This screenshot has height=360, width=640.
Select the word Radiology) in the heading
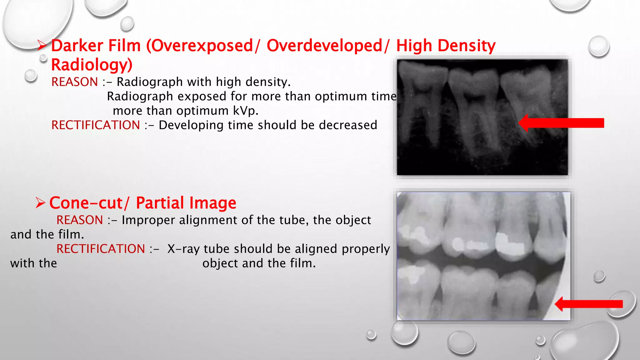click(x=92, y=65)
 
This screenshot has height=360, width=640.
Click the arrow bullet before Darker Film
click(x=42, y=46)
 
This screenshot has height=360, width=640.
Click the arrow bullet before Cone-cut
click(x=40, y=203)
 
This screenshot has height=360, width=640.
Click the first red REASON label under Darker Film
click(x=75, y=82)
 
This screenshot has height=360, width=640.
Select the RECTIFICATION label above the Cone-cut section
click(x=96, y=125)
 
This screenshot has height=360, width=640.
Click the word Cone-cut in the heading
click(x=86, y=203)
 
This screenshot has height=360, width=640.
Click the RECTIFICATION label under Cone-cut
click(x=101, y=249)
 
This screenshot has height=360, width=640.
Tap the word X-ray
click(x=185, y=249)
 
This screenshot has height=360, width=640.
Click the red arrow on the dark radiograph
click(x=561, y=123)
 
